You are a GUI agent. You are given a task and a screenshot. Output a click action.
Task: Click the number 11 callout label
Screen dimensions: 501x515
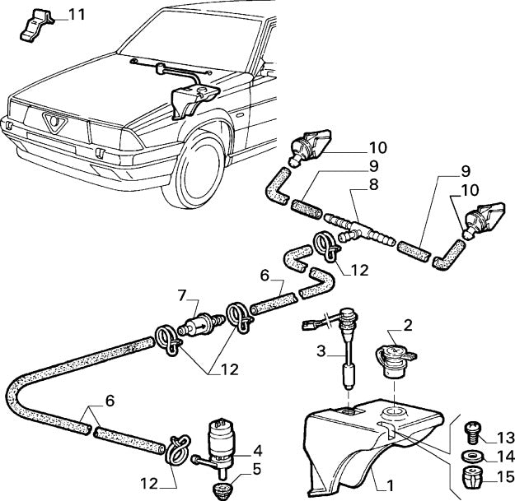coord(74,15)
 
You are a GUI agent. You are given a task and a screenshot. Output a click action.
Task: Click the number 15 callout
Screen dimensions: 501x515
coord(504,476)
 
